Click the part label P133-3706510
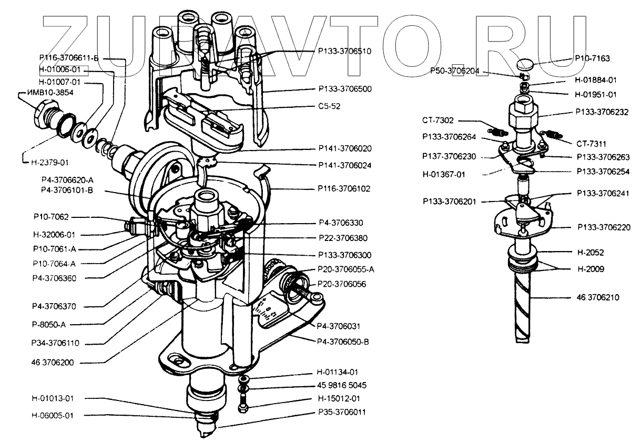[344, 51]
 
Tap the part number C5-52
[330, 106]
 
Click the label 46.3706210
[598, 297]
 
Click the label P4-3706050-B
[343, 341]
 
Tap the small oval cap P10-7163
[524, 63]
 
